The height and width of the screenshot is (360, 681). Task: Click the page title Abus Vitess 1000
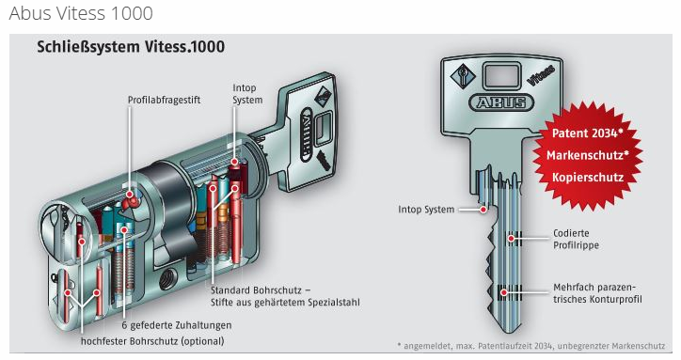tap(81, 13)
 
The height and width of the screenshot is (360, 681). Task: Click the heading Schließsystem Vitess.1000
tap(131, 46)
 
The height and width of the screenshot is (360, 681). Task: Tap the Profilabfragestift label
tap(165, 100)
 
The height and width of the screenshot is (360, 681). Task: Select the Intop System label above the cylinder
tap(247, 94)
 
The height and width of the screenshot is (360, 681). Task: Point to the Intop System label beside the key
tap(426, 210)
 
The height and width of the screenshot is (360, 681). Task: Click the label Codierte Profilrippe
tap(576, 240)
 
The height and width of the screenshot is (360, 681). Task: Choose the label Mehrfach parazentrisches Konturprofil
tap(597, 293)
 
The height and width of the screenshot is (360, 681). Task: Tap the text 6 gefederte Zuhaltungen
tap(176, 325)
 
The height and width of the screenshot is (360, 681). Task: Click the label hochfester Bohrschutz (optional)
tap(152, 341)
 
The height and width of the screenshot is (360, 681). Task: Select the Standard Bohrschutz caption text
tap(285, 296)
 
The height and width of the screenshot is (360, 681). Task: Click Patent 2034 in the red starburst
tap(587, 133)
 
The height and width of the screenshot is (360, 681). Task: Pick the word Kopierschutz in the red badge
tap(588, 177)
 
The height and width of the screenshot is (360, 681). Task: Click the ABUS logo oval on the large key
tap(501, 102)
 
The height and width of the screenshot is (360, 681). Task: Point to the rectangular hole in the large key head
tap(501, 74)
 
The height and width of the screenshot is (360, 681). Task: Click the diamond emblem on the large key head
tap(463, 75)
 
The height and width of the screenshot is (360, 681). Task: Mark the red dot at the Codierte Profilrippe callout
tap(512, 239)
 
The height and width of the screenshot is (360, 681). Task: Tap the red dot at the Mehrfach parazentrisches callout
tap(504, 292)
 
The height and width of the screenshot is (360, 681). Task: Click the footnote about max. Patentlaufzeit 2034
tap(531, 346)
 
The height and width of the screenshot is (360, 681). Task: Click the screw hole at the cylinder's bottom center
tap(167, 279)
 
